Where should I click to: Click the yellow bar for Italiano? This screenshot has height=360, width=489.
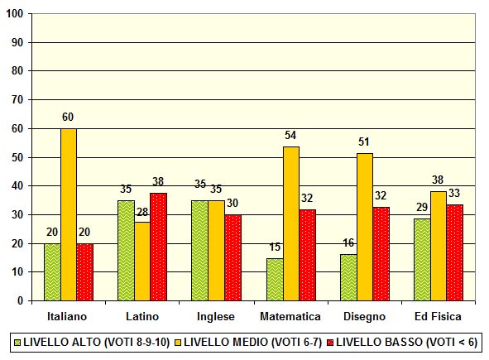click(x=69, y=214)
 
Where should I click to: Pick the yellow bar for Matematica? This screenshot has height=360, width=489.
click(x=290, y=223)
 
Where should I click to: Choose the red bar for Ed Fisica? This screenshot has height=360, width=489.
click(x=455, y=252)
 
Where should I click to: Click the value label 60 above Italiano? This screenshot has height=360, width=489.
click(x=69, y=118)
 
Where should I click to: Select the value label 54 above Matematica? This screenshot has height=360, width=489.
click(x=290, y=135)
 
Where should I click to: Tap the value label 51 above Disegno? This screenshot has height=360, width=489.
click(x=365, y=142)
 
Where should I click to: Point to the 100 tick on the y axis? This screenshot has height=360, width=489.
click(x=16, y=13)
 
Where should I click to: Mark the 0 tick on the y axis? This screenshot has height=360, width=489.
click(x=21, y=301)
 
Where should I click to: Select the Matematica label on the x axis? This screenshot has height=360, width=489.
click(x=291, y=316)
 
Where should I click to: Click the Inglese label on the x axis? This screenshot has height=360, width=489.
click(x=217, y=316)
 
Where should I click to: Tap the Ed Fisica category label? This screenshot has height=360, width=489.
click(x=439, y=316)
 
